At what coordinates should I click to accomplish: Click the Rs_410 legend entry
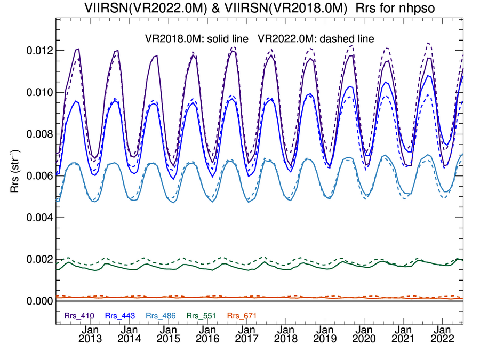click(x=79, y=316)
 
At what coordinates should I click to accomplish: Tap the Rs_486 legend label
click(x=161, y=316)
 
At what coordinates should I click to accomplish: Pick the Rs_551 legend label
click(x=202, y=316)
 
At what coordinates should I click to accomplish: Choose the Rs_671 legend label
click(x=242, y=316)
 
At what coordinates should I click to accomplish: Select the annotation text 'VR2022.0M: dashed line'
click(x=316, y=38)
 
